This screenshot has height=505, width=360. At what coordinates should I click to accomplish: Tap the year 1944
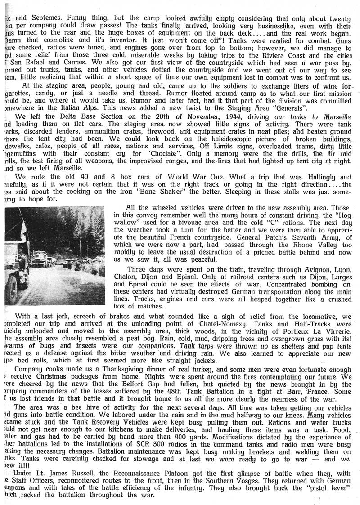(193, 117)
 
